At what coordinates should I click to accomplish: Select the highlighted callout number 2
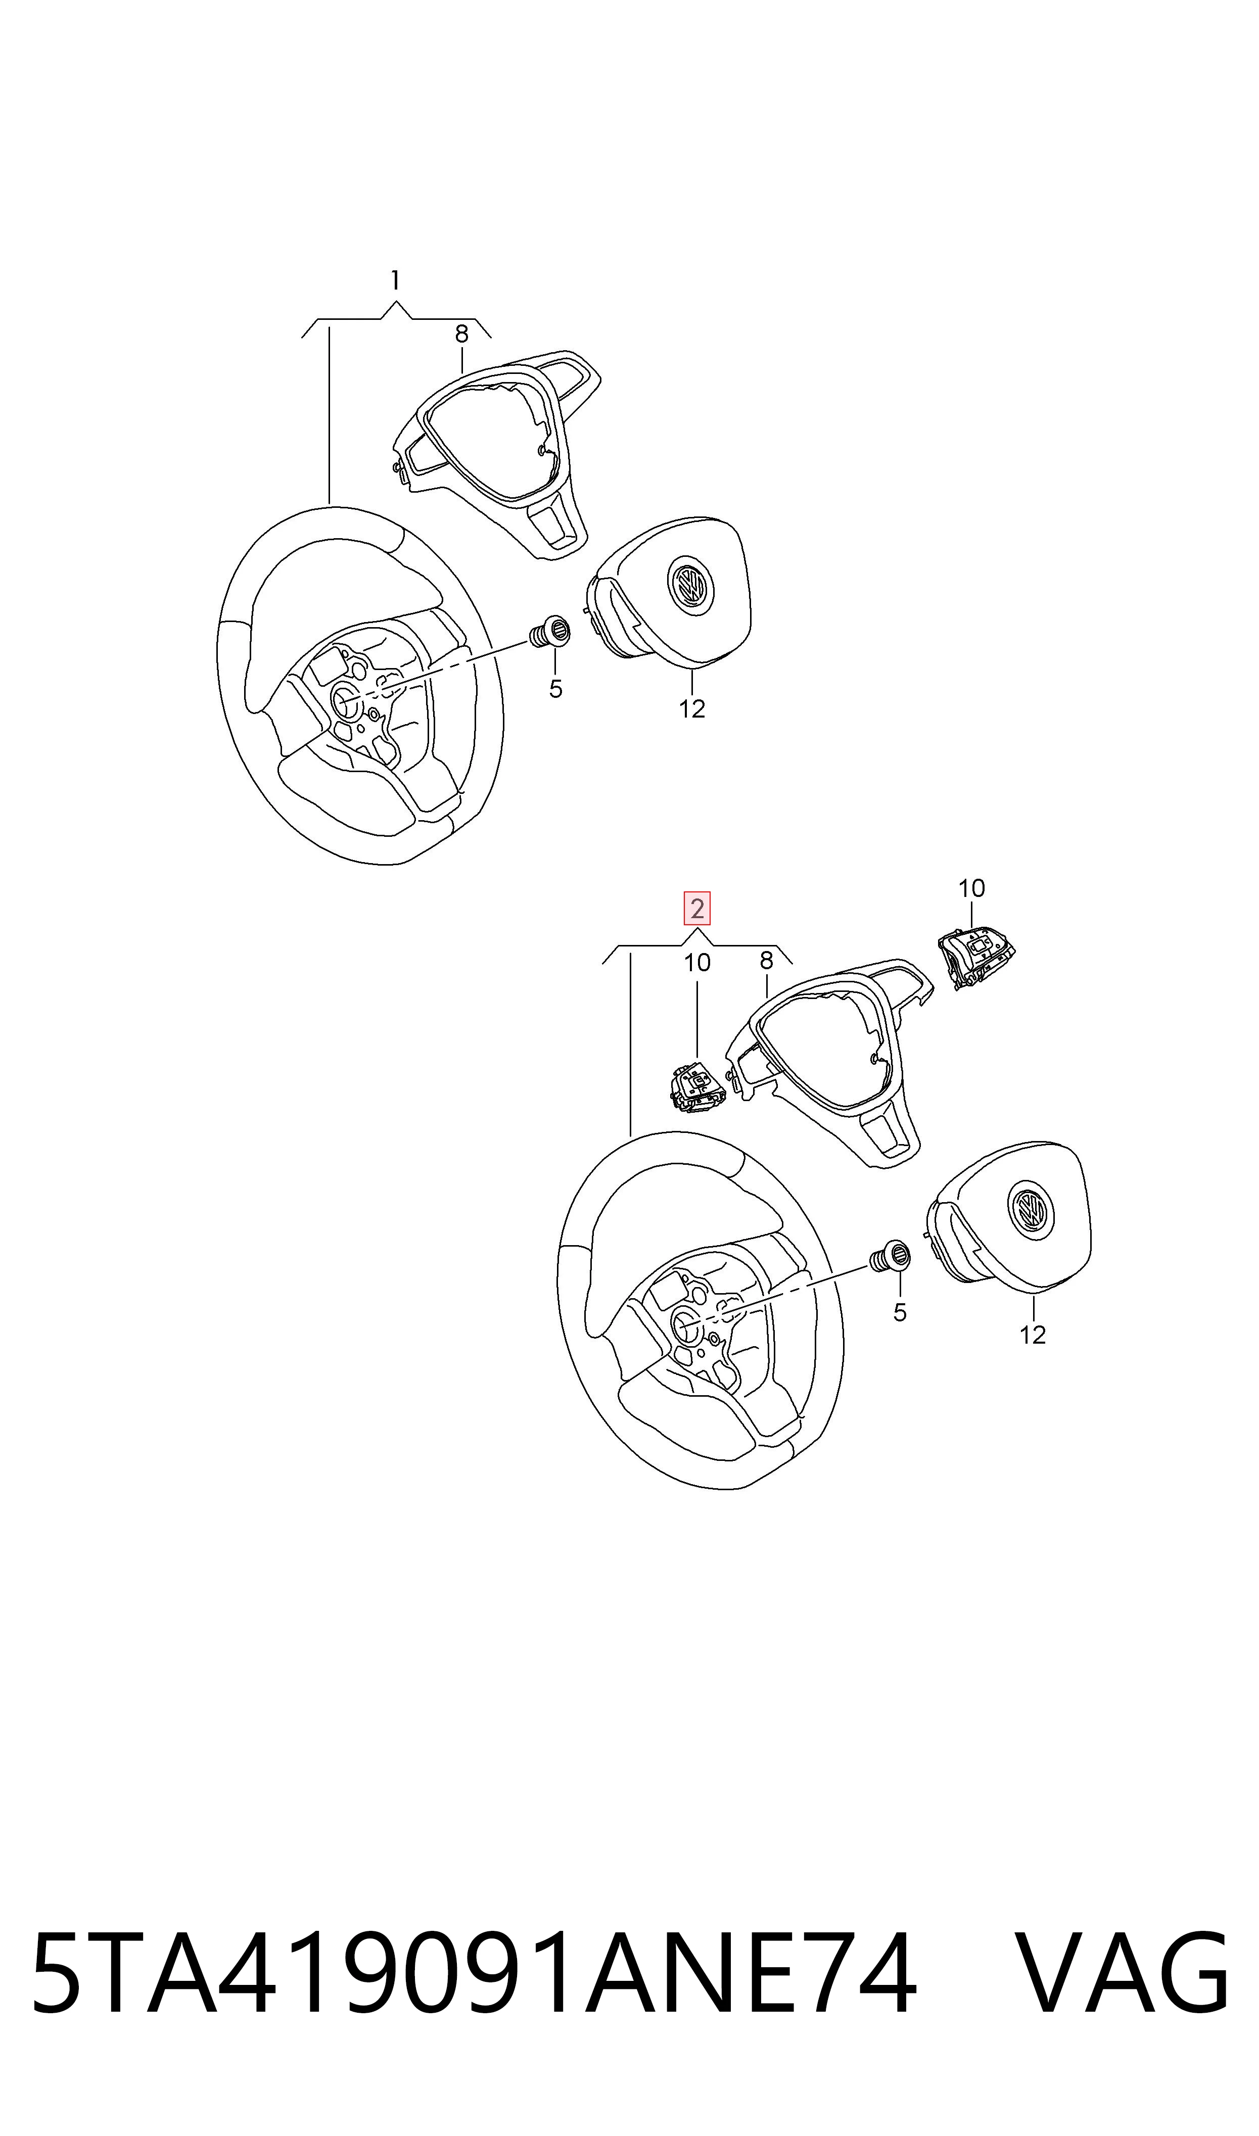[697, 909]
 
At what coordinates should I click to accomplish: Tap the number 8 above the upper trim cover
[461, 334]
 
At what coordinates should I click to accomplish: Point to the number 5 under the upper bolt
[555, 689]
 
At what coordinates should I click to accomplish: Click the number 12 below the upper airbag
[692, 709]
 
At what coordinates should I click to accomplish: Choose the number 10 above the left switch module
[697, 963]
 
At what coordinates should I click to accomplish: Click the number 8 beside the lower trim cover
[766, 961]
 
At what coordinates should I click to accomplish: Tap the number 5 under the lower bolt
[900, 1313]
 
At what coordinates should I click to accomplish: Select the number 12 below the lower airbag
[1033, 1335]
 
